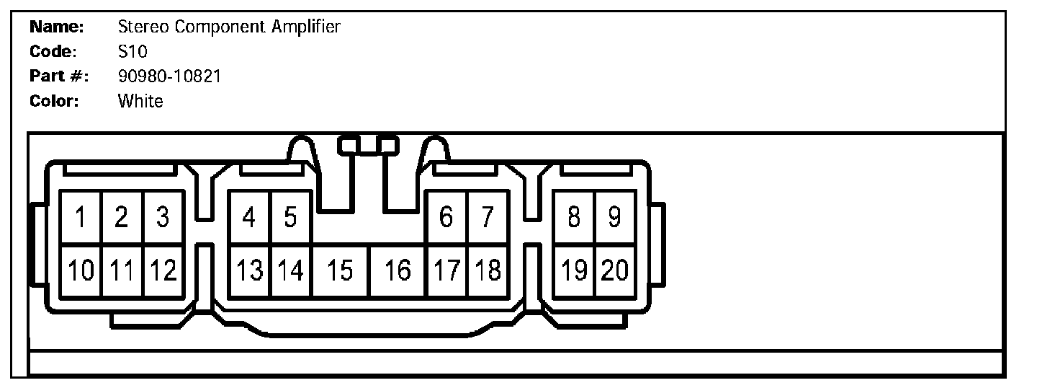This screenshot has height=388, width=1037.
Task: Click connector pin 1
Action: pos(81,217)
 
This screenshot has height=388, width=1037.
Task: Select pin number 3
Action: pos(163,217)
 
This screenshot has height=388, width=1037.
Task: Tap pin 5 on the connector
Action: pos(290,217)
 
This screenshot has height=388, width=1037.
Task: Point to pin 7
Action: pos(488,217)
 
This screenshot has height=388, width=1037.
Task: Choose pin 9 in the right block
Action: pos(614,217)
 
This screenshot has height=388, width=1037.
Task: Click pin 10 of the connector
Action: pos(81,270)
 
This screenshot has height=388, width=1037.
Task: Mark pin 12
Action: pos(163,270)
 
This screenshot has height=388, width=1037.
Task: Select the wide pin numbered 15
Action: pos(340,270)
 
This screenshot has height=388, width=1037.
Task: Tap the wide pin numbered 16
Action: pos(397,270)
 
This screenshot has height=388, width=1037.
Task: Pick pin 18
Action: pos(488,270)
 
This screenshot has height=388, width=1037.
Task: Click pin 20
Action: pos(615,270)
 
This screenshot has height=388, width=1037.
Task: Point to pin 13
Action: pos(249,270)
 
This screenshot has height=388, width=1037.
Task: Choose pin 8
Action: pos(574,217)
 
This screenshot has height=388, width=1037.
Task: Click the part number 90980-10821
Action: pos(169,76)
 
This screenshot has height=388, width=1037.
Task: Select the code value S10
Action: pos(133,52)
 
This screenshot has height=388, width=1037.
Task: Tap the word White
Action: pos(140,101)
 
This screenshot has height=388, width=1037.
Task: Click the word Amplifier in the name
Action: pos(305,27)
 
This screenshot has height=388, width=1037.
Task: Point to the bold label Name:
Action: pos(57,27)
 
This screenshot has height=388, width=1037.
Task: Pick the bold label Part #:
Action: pos(58,76)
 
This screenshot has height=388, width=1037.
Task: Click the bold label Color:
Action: pos(54,101)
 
